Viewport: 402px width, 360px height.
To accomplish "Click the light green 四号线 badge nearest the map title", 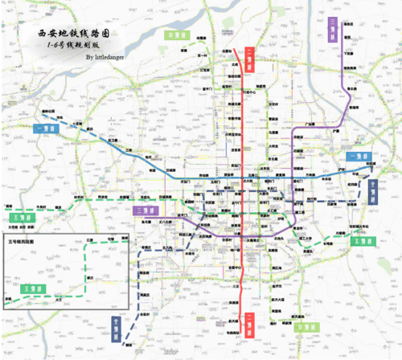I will pos(175,36).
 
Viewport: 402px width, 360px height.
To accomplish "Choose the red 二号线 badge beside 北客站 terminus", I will pos(251,55).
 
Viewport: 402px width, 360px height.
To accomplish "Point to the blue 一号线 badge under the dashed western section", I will pos(47,129).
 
